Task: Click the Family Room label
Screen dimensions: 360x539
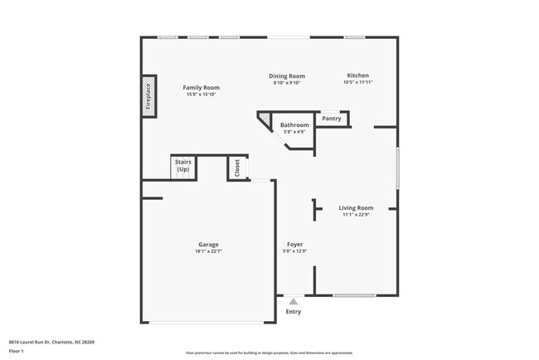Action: tap(201, 87)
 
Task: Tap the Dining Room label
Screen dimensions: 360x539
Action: tap(287, 75)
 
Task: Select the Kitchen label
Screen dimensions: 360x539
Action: tap(357, 75)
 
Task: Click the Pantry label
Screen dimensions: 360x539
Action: tap(332, 119)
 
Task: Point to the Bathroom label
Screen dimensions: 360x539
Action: tap(294, 125)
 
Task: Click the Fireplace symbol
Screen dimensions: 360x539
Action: tap(148, 96)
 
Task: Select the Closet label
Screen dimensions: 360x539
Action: tap(237, 168)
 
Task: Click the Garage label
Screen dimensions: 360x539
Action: tap(208, 245)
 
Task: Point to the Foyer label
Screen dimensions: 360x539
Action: tap(295, 245)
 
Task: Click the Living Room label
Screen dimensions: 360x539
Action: tap(356, 208)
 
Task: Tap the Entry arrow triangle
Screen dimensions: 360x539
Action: tap(294, 302)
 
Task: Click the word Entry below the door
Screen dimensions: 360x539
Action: tap(294, 312)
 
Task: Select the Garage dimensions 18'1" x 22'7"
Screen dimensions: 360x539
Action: tap(208, 251)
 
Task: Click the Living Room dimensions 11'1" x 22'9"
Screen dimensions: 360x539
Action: tap(356, 215)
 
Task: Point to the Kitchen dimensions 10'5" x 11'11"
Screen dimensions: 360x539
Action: tap(358, 82)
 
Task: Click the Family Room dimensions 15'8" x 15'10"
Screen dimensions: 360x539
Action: tap(201, 94)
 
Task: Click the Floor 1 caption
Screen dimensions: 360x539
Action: tap(16, 351)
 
